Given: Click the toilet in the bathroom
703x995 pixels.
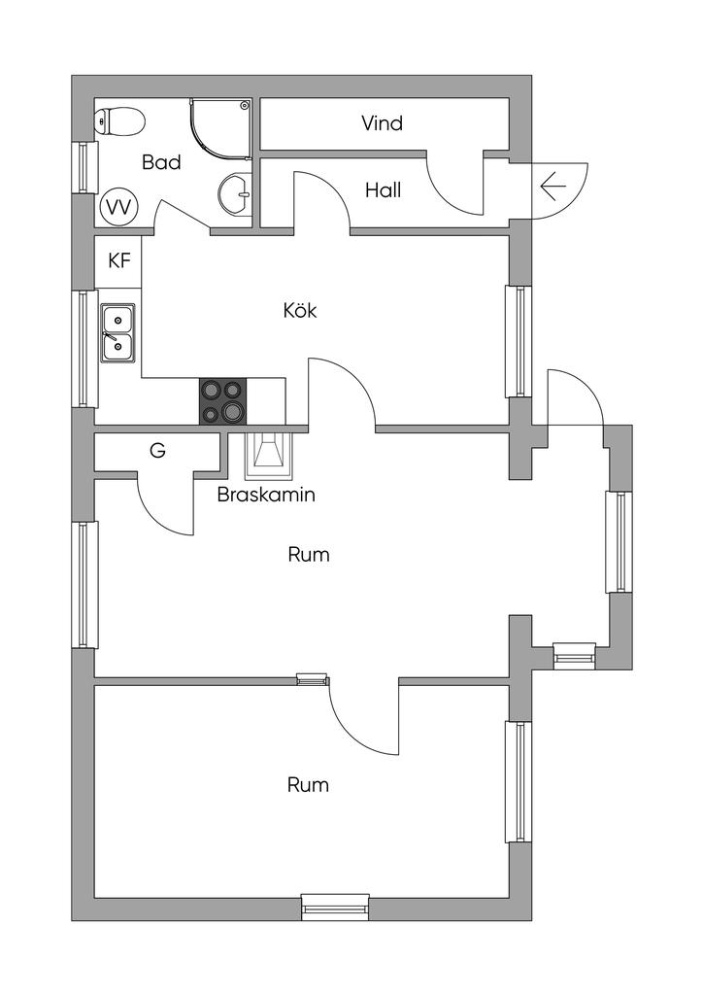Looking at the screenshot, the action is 119,121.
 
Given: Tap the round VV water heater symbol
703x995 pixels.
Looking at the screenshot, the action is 118,206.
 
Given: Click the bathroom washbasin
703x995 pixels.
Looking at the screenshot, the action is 235,192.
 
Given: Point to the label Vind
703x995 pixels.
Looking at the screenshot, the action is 382,123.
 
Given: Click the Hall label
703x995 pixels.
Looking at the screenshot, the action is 383,190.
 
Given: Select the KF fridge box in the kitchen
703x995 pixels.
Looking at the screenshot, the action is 118,260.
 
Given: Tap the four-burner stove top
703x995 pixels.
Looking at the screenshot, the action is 222,401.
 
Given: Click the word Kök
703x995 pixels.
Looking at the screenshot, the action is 300,311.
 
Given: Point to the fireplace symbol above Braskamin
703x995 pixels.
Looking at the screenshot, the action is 269,453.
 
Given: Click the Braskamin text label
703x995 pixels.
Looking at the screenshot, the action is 266,494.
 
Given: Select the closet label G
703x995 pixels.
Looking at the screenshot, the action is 157,451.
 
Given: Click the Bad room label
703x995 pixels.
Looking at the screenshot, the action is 161,162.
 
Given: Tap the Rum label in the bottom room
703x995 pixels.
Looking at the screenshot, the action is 308,784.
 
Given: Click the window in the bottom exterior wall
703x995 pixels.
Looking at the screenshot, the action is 335,908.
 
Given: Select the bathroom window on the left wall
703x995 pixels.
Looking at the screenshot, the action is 84,166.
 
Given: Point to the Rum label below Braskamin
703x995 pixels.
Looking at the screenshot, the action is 309,555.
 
